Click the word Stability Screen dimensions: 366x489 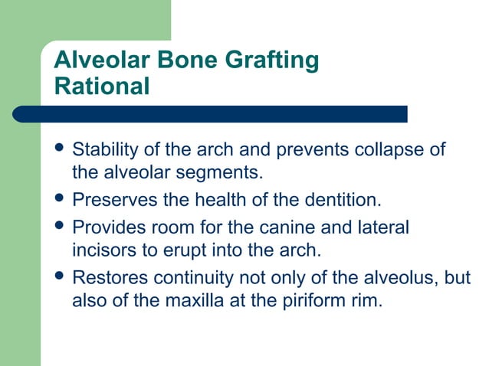click(x=104, y=149)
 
